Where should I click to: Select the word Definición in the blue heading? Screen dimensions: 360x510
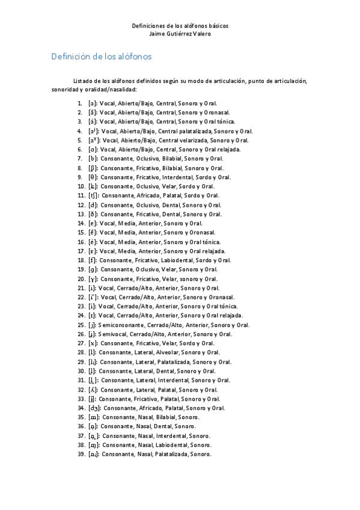(71, 57)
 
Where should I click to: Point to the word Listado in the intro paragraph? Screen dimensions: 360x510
(83, 81)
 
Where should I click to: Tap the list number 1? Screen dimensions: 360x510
(80, 103)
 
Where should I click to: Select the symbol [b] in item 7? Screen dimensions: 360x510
(93, 158)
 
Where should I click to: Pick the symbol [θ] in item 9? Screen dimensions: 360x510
(93, 177)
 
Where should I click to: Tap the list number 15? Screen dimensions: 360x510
(81, 232)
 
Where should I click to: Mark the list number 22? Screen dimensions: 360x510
(81, 297)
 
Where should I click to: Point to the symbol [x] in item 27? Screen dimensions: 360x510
(93, 343)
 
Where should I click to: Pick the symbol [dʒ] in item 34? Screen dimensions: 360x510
(94, 408)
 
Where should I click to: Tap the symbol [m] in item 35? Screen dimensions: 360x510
(94, 417)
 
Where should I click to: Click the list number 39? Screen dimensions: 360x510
(81, 454)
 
